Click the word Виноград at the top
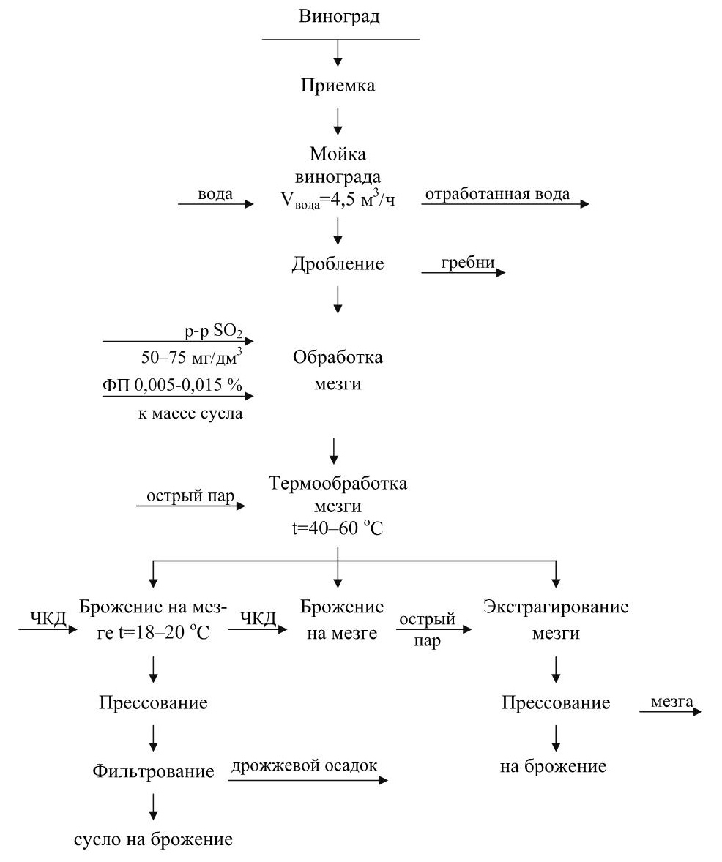340,17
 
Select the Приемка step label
338,86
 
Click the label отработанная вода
498,194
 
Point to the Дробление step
338,264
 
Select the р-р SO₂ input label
217,331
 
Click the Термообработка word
338,484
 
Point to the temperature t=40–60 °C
338,528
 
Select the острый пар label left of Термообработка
190,497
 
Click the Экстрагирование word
557,607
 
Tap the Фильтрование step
154,771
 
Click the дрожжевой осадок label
304,766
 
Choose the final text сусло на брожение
154,839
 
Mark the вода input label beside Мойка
215,194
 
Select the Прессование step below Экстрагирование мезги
556,703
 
